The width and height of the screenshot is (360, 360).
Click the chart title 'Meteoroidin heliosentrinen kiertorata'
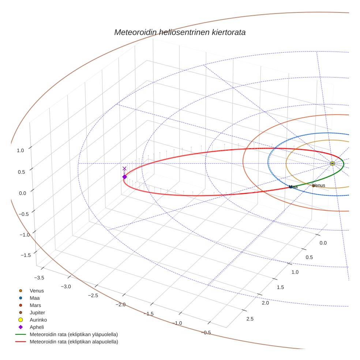[180, 32]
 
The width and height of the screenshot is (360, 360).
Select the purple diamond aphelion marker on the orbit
[124, 177]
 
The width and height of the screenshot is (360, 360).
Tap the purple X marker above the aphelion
[124, 168]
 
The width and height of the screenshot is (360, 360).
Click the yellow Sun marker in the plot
[332, 164]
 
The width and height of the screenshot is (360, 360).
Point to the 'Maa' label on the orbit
[293, 187]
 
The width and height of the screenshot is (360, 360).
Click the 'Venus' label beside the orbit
[319, 185]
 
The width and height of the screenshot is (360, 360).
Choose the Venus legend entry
[37, 291]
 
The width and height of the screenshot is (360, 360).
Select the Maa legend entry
[35, 298]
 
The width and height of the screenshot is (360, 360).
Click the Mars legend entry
[35, 305]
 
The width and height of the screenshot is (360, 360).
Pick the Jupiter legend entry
[37, 312]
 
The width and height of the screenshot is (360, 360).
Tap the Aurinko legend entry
[38, 320]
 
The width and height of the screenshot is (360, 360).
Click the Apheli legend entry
[37, 327]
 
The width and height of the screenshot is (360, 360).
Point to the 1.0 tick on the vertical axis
[20, 150]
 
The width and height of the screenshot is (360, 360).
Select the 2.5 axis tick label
[250, 319]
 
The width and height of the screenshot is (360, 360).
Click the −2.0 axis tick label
[120, 305]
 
